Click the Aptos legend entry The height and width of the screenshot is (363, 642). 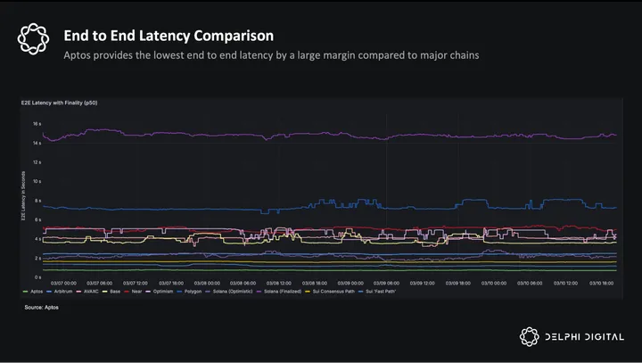(35, 292)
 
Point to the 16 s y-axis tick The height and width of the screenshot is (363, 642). (37, 124)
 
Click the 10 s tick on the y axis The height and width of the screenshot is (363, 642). (37, 181)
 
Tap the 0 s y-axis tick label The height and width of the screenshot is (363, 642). (38, 276)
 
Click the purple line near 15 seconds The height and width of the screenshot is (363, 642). (267, 135)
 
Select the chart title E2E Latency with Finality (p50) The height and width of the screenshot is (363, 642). (59, 104)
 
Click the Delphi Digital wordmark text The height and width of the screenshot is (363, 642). (588, 337)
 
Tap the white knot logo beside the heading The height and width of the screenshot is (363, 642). (33, 37)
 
